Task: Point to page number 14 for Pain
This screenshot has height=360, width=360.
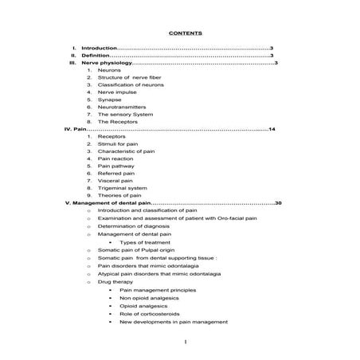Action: tap(272, 128)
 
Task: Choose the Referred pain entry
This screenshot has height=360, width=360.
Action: tap(116, 173)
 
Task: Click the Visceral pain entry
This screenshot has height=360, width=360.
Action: tap(115, 180)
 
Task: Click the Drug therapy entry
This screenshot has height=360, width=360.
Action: tap(115, 281)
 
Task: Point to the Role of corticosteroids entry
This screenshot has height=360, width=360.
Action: tap(151, 314)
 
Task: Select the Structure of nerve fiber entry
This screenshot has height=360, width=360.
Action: tap(130, 77)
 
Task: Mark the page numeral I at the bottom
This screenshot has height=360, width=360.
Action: tap(184, 342)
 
